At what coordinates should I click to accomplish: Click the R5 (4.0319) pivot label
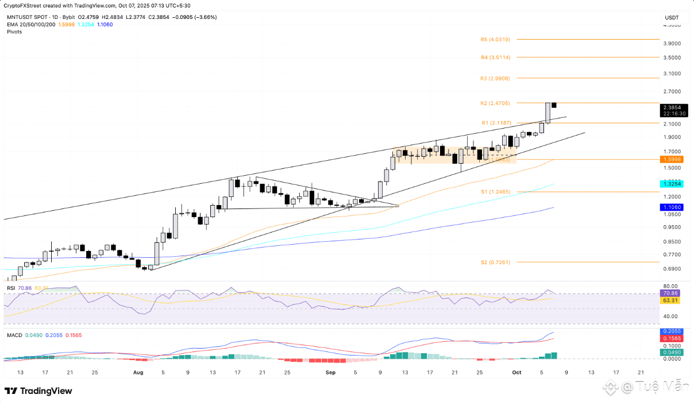pyautogui.click(x=495, y=40)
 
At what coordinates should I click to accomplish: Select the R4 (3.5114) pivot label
pyautogui.click(x=495, y=57)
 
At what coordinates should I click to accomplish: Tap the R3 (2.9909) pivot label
pyautogui.click(x=495, y=78)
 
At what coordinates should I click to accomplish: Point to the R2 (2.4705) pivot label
pyautogui.click(x=495, y=103)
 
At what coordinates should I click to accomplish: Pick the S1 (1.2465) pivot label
pyautogui.click(x=495, y=192)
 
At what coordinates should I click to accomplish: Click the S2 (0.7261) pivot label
pyautogui.click(x=495, y=262)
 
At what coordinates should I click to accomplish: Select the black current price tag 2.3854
pyautogui.click(x=670, y=107)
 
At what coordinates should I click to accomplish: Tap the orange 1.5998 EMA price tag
pyautogui.click(x=670, y=159)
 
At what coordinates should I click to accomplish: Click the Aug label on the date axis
pyautogui.click(x=138, y=372)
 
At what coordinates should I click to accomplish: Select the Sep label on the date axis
pyautogui.click(x=330, y=372)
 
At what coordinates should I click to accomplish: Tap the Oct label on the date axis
pyautogui.click(x=516, y=372)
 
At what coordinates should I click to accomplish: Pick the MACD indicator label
pyautogui.click(x=14, y=334)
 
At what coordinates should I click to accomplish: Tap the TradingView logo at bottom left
pyautogui.click(x=39, y=391)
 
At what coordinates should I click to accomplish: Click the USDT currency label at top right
pyautogui.click(x=672, y=18)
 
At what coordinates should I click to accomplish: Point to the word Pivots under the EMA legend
pyautogui.click(x=14, y=32)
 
